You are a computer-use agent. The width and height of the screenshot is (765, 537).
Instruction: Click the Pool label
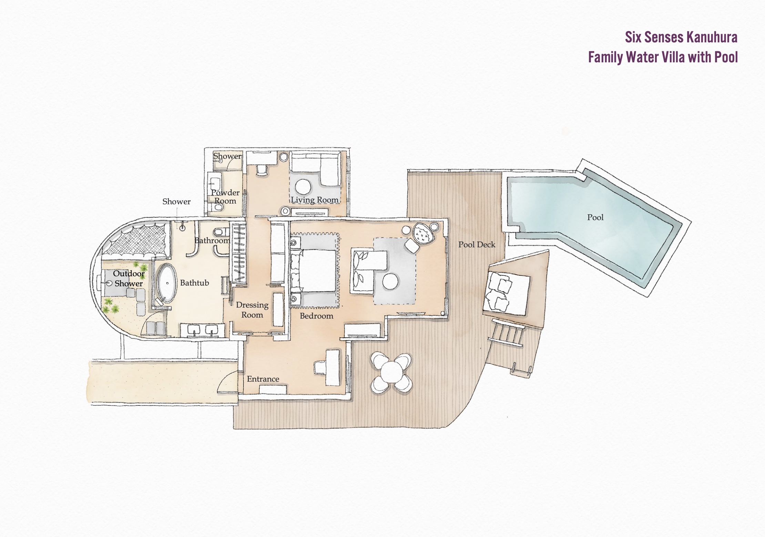[595, 217]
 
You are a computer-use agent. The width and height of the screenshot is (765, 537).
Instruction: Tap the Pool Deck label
[477, 245]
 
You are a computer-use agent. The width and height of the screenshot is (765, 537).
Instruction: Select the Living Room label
[315, 200]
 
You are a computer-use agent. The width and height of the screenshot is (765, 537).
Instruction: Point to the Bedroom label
[316, 316]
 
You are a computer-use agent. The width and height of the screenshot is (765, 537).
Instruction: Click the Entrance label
[263, 379]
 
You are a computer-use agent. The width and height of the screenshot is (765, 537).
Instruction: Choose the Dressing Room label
[252, 310]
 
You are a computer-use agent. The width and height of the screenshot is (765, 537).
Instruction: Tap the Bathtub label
[194, 283]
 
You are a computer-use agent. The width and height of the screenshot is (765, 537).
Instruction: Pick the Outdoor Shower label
[129, 278]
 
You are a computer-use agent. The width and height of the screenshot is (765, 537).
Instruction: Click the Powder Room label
[225, 197]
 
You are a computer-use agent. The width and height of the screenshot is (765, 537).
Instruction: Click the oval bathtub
[167, 283]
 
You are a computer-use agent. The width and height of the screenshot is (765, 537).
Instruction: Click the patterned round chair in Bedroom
[423, 234]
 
